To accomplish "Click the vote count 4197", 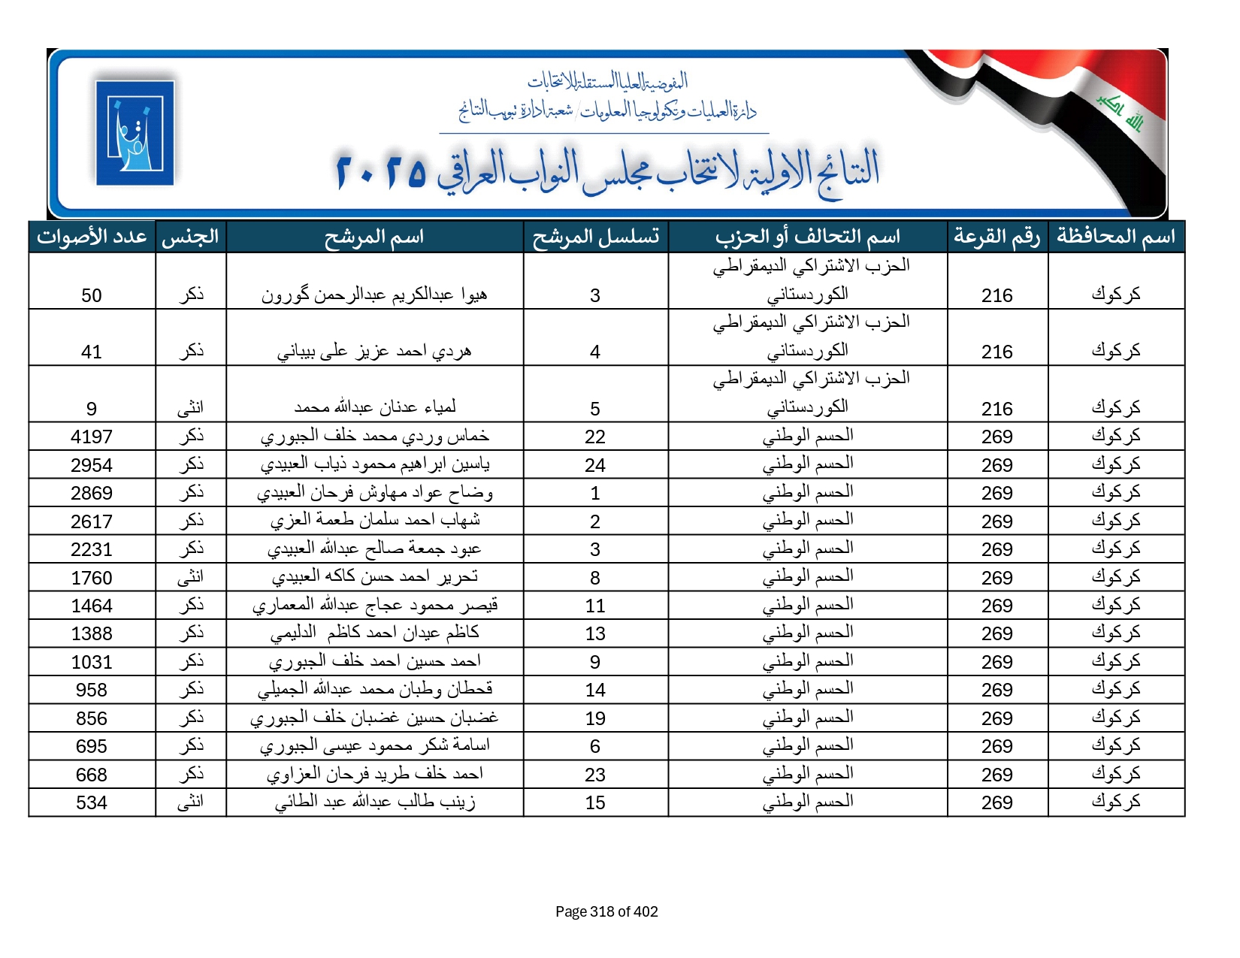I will tap(92, 437).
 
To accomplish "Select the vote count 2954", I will tap(92, 465).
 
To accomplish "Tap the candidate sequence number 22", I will tap(595, 437).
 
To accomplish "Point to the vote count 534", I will tap(92, 802).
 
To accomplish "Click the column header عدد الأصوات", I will tap(92, 237).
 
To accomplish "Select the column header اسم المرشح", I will tap(374, 237).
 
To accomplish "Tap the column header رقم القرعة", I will tap(997, 237).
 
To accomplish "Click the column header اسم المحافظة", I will tap(1116, 237).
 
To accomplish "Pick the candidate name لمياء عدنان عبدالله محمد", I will tap(374, 407).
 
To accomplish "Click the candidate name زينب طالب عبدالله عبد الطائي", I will tap(374, 802).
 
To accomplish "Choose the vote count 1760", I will tap(92, 578).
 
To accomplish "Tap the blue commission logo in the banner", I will tap(135, 133).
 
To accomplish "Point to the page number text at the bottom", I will tap(606, 911).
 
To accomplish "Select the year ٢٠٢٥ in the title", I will tap(380, 171).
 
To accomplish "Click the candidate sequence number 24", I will tap(595, 465).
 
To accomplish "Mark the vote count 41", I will tap(92, 352).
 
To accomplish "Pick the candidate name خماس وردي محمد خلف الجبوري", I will tap(374, 437).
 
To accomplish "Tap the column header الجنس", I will tap(190, 237).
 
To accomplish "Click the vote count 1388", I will tap(92, 633).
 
